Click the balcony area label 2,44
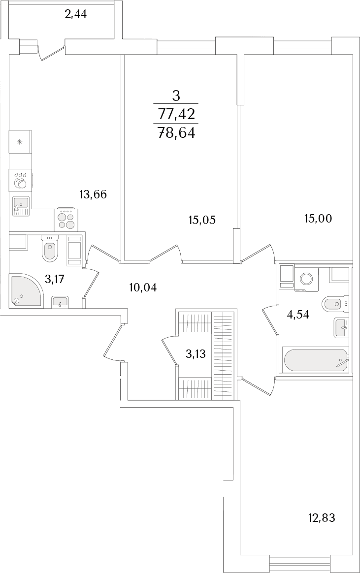click(x=76, y=15)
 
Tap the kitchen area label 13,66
click(x=93, y=195)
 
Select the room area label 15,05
click(x=202, y=220)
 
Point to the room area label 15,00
click(x=318, y=219)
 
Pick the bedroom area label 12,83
click(x=322, y=517)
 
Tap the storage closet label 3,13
click(x=196, y=354)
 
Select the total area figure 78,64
click(x=176, y=133)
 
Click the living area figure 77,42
click(x=176, y=114)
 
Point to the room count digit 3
click(x=176, y=96)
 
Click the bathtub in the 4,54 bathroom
click(x=316, y=361)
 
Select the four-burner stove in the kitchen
click(x=66, y=219)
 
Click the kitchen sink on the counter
click(x=21, y=206)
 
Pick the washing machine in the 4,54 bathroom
click(x=306, y=280)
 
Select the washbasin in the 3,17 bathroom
click(x=60, y=301)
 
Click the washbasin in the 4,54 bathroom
click(x=341, y=327)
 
